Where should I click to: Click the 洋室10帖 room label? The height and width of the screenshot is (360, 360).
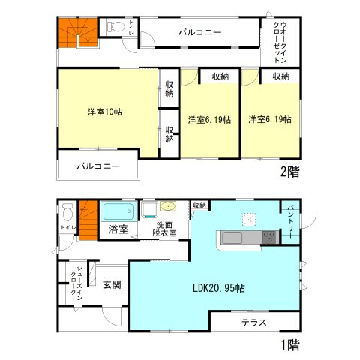click(x=105, y=112)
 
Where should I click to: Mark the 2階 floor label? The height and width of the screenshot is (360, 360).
click(x=289, y=172)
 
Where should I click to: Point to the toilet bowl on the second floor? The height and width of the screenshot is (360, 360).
click(x=115, y=27)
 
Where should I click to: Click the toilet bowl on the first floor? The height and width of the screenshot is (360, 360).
click(x=67, y=209)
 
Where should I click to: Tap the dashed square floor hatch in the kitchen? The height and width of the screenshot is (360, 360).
click(x=248, y=219)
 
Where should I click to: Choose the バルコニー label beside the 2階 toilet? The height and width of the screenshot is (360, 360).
click(x=199, y=33)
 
